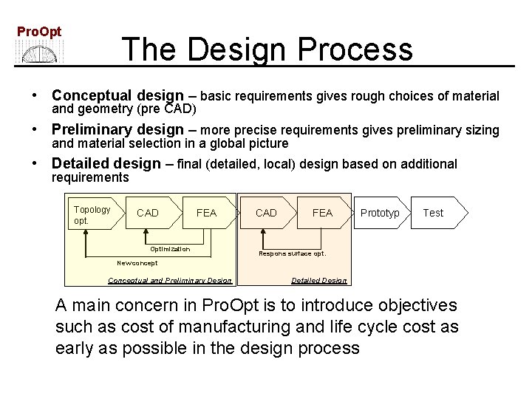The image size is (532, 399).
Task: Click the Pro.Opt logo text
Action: coord(39,32)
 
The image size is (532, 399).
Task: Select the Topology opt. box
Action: coord(91,214)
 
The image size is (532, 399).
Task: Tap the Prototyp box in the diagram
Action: coord(380,213)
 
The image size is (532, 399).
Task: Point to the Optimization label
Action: coord(170,249)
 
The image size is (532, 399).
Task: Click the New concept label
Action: coord(137,263)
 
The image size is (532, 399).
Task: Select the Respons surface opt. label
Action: coord(292,253)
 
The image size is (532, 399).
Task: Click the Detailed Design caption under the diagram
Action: coord(318,280)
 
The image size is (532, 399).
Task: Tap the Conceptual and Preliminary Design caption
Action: coord(170,280)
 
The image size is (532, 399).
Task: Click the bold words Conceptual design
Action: coord(117,96)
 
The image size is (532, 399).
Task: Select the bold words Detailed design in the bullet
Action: coord(106,164)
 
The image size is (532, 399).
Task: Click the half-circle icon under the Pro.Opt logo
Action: coord(40,52)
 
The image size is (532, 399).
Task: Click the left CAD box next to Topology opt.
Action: coord(148,213)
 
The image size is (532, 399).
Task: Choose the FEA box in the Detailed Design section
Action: coord(322,213)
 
